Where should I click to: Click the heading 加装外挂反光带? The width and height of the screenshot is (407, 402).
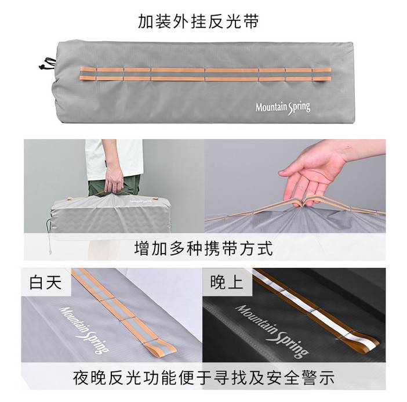coord(198,21)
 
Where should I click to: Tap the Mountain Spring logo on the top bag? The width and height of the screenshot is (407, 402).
coord(283,107)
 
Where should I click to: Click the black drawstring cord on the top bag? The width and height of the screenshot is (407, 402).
coord(47,64)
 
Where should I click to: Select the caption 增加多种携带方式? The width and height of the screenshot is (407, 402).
coord(203,248)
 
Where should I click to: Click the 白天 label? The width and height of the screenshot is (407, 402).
coord(46,283)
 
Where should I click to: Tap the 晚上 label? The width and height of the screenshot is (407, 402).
coord(226,283)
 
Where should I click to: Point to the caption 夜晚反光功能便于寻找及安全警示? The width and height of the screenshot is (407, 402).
coord(203,378)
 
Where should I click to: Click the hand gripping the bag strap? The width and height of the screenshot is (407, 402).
coord(113,179)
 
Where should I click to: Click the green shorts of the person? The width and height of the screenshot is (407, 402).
coord(114,185)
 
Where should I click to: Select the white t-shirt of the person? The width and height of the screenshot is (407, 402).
coord(114,159)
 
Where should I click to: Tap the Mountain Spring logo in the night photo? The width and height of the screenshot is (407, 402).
coord(272,331)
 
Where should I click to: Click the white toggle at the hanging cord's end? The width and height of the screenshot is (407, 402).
coord(50,251)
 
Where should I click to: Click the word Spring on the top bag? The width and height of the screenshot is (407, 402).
coord(299,108)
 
